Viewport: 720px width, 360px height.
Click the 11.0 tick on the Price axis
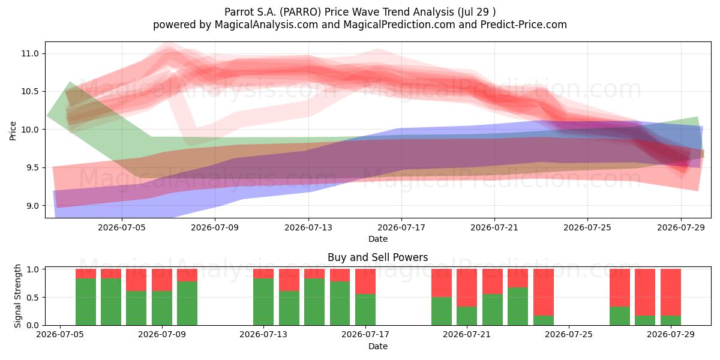tap(30, 53)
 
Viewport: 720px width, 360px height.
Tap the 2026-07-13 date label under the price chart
tap(308, 227)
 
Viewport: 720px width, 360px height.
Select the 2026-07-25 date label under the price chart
tap(587, 227)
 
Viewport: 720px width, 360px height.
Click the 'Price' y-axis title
tap(13, 131)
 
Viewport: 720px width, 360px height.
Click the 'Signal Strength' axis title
tap(17, 296)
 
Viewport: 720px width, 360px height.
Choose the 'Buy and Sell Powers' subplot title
tap(377, 257)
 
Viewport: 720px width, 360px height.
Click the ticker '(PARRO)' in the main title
tap(300, 12)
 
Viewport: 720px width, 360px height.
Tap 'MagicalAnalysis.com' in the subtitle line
tap(266, 25)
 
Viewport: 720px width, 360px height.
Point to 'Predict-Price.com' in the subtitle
tap(524, 25)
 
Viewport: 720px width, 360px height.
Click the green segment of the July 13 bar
tap(263, 302)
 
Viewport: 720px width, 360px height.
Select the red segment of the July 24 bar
tap(543, 293)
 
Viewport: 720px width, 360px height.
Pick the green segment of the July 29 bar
tap(671, 320)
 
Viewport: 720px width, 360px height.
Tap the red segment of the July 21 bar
tap(467, 287)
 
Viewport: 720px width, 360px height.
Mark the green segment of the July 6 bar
tap(85, 302)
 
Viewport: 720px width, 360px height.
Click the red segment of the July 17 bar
tap(365, 281)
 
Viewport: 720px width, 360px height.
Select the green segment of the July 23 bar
tap(518, 307)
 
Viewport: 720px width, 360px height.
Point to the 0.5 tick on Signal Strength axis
tap(33, 298)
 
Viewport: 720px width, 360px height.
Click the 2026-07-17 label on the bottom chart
tap(365, 335)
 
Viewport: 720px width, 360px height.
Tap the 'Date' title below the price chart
tap(377, 239)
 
